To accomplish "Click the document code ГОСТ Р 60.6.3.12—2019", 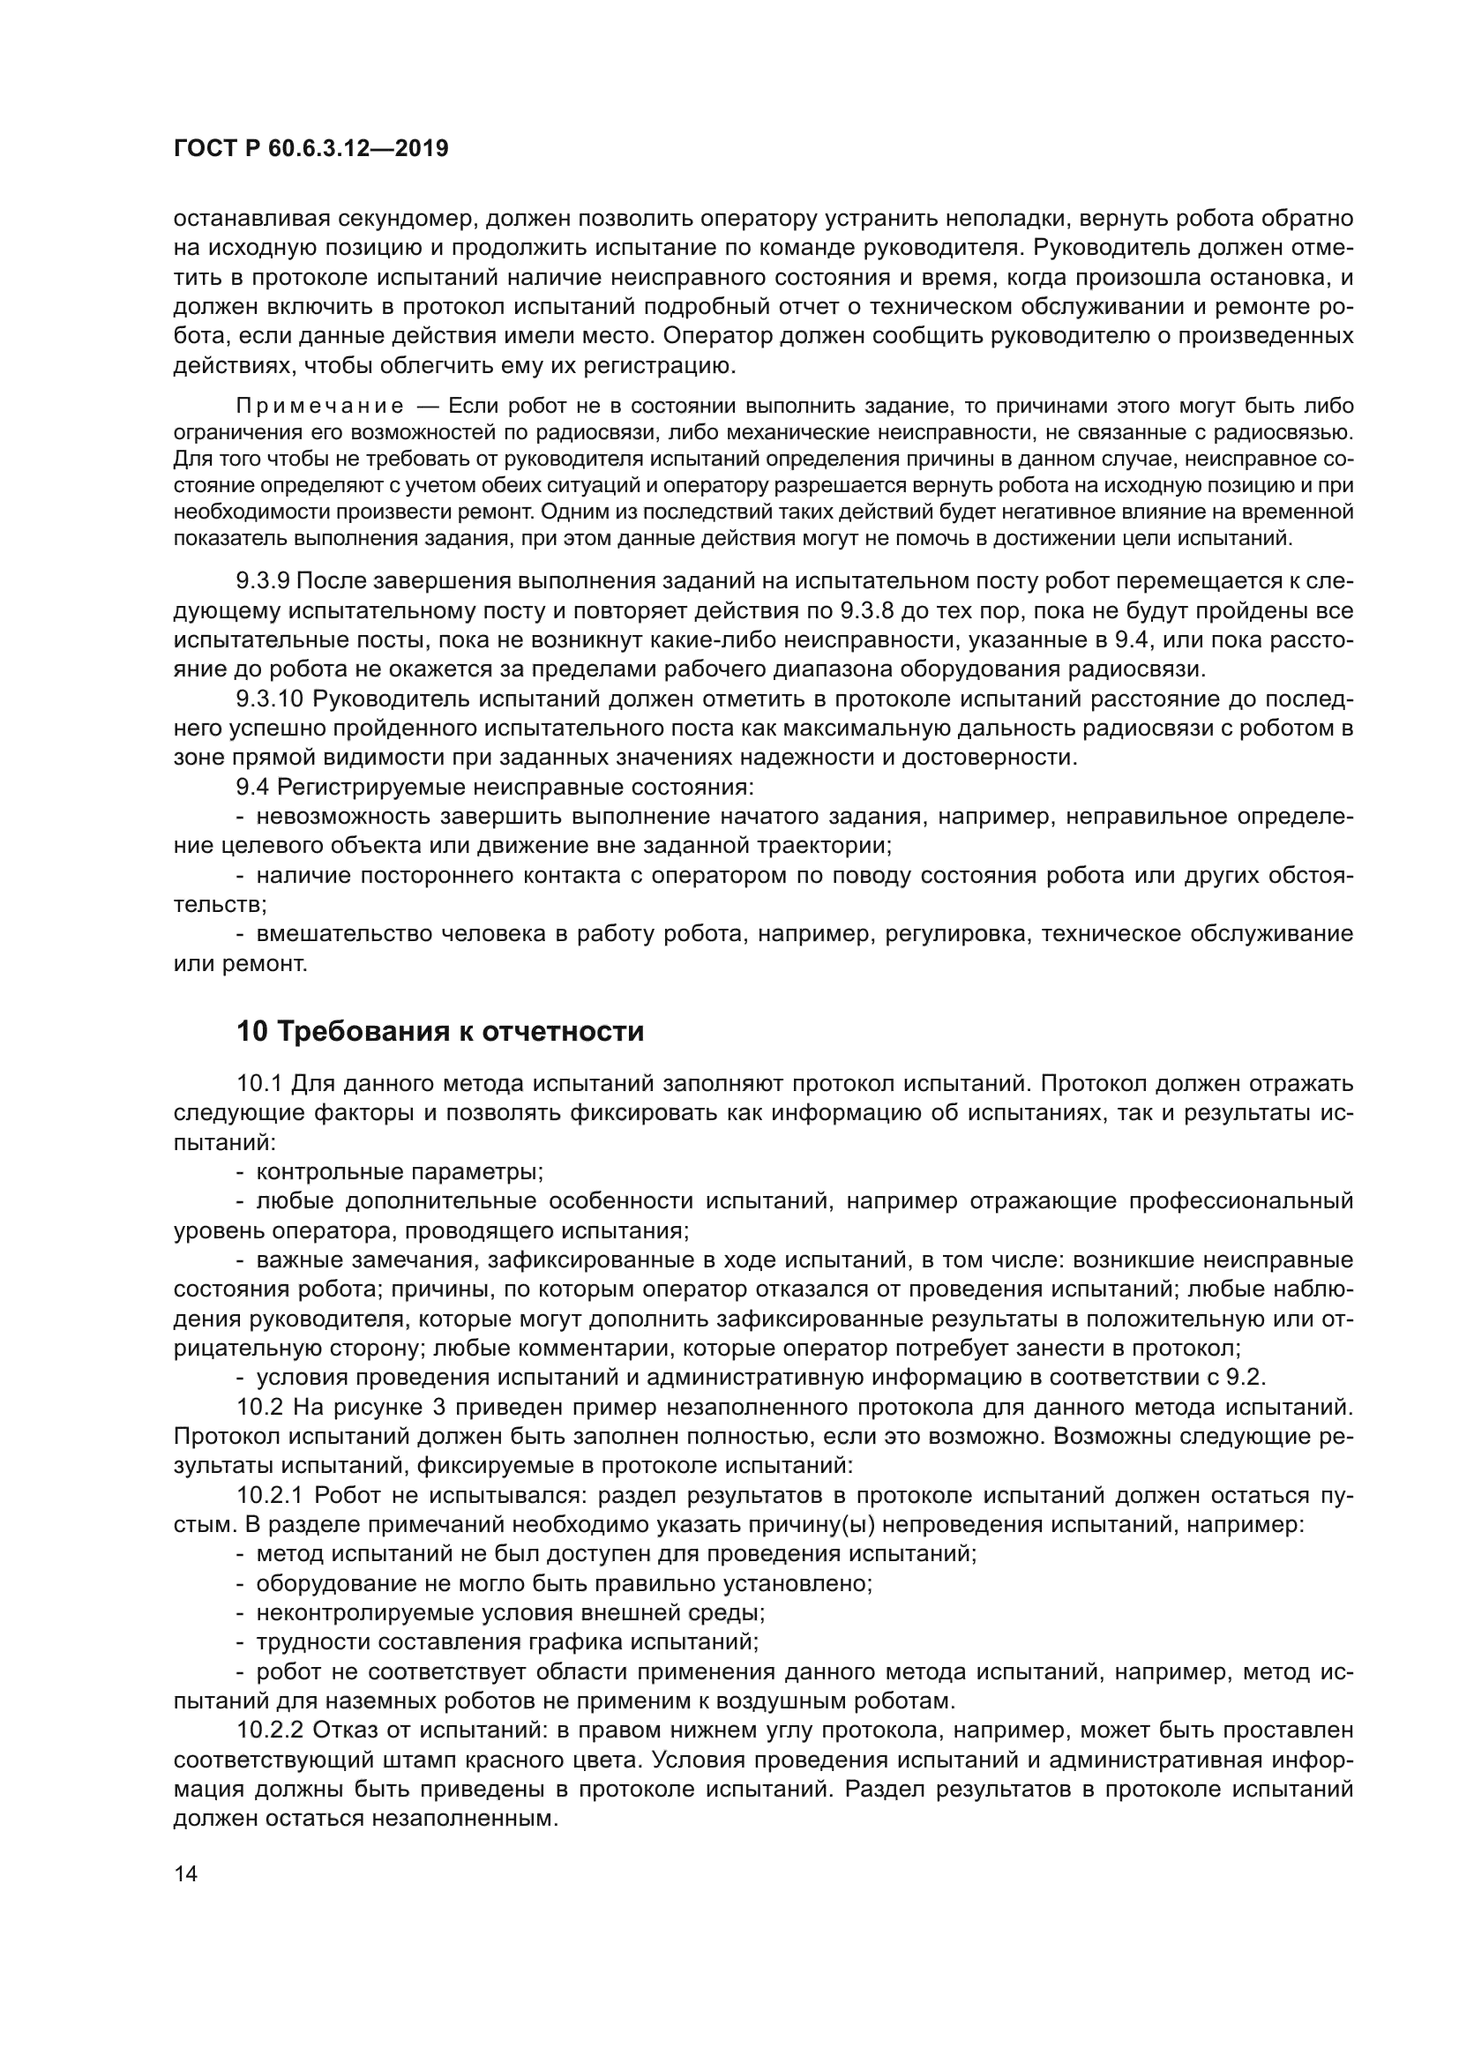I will (311, 149).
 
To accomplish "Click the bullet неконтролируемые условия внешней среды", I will (510, 1613).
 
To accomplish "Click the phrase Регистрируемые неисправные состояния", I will (515, 788).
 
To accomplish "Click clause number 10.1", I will (259, 1084).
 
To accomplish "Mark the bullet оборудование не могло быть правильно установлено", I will (565, 1583).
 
